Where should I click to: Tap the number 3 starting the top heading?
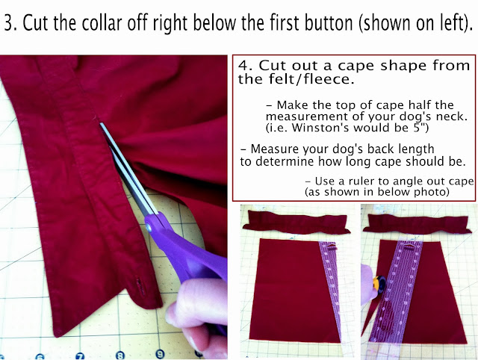[x=9, y=23]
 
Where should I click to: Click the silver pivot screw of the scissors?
[x=149, y=227]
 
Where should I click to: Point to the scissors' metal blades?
[x=128, y=169]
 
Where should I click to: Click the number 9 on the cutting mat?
[x=160, y=354]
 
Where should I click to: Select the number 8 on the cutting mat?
[x=120, y=355]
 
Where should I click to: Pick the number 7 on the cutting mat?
[x=80, y=356]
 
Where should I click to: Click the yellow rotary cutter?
[x=380, y=284]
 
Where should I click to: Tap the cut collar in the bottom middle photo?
[x=296, y=222]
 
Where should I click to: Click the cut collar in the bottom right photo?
[x=416, y=224]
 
